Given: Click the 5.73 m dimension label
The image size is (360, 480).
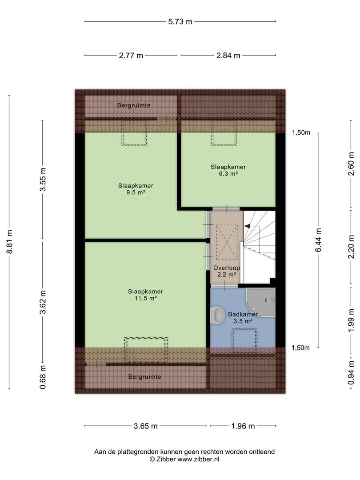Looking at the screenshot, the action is coord(180,21).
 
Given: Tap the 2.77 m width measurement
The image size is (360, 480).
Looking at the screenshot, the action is coord(131,56).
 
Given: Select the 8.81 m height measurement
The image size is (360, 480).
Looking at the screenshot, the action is coord(9,241).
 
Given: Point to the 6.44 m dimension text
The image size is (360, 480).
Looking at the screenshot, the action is coord(318,240).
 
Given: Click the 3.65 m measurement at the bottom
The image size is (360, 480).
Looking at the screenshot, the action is coord(145,426).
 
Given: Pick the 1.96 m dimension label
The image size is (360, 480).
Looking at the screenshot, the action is coord(243,426).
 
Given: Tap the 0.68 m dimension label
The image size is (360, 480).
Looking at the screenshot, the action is coord(43,377).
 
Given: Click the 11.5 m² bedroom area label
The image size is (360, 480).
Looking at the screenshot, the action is coord(146,298).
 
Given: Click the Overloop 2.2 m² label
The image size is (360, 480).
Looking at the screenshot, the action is coord(227,271).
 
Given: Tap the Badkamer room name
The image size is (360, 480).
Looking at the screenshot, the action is coord(243,314).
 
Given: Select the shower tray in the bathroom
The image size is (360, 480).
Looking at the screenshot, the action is coord(261,303).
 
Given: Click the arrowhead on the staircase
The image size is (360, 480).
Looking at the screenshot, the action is coord(247,226).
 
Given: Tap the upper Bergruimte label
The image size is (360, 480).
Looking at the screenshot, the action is coord(134,105).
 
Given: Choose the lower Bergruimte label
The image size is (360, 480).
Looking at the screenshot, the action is coord(145,377).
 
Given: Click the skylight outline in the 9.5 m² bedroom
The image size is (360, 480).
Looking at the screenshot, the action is coord(134,133).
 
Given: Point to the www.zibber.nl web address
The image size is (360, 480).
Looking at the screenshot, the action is coord(199,459).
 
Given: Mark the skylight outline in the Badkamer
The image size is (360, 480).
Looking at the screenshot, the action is coord(244,341).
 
